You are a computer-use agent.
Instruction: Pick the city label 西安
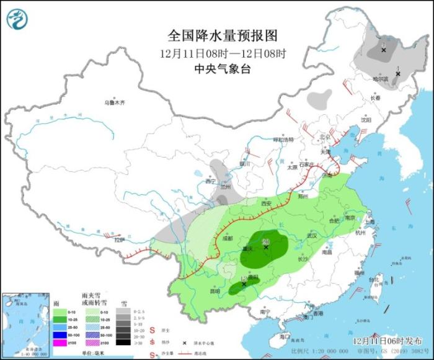click(x=267, y=203)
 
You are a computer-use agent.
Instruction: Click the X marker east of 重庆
click(x=266, y=247)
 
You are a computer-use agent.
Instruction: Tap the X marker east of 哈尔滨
click(x=397, y=73)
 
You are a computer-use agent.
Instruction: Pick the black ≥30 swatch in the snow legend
click(x=126, y=342)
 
